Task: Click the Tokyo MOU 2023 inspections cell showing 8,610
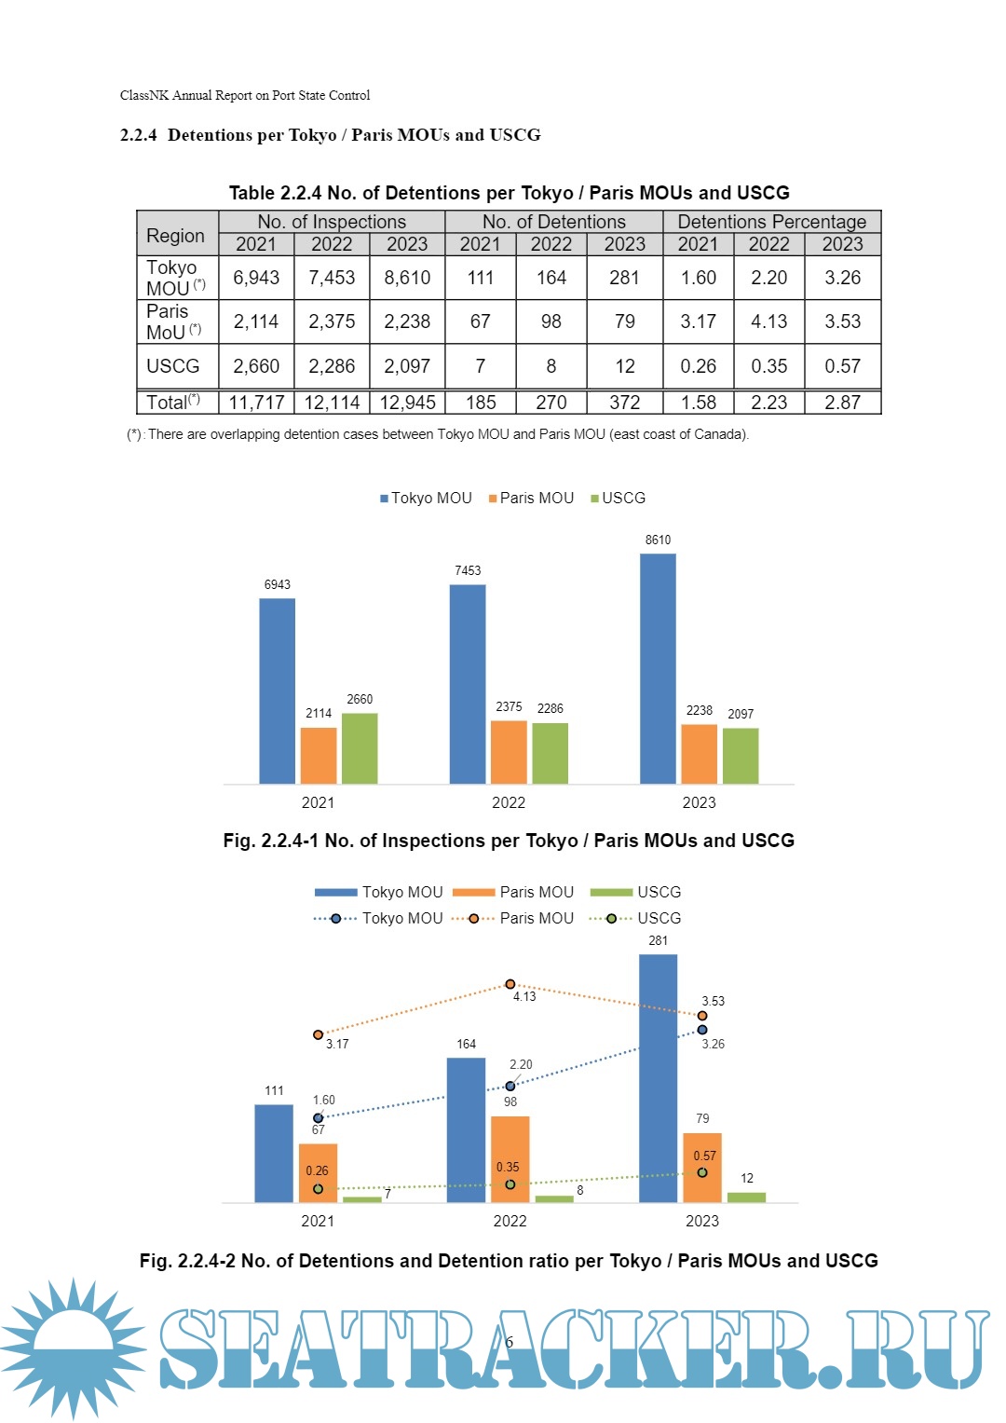click(407, 278)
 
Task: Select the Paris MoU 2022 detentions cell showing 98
click(551, 322)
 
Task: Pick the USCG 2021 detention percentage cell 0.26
click(698, 366)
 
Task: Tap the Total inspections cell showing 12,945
click(407, 403)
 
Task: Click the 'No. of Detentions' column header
click(553, 222)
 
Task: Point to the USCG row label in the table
click(173, 366)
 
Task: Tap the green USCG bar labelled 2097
click(741, 755)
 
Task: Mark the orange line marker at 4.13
click(510, 984)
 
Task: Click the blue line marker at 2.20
click(510, 1086)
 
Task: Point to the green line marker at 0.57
click(702, 1172)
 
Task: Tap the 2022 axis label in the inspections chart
click(509, 802)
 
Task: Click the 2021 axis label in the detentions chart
click(318, 1221)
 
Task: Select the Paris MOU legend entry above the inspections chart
click(531, 499)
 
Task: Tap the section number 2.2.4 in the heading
click(139, 135)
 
